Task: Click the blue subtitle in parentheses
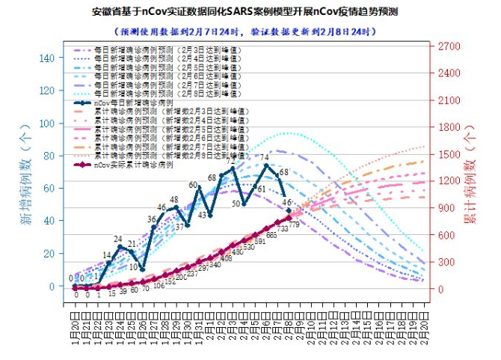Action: [246, 32]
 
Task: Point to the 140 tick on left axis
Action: [46, 58]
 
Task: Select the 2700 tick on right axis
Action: [449, 46]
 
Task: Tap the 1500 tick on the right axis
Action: [449, 154]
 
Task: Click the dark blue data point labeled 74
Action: [265, 165]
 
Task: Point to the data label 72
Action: [234, 159]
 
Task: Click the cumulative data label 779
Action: [295, 225]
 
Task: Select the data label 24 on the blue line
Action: [118, 239]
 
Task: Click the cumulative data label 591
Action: [260, 241]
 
